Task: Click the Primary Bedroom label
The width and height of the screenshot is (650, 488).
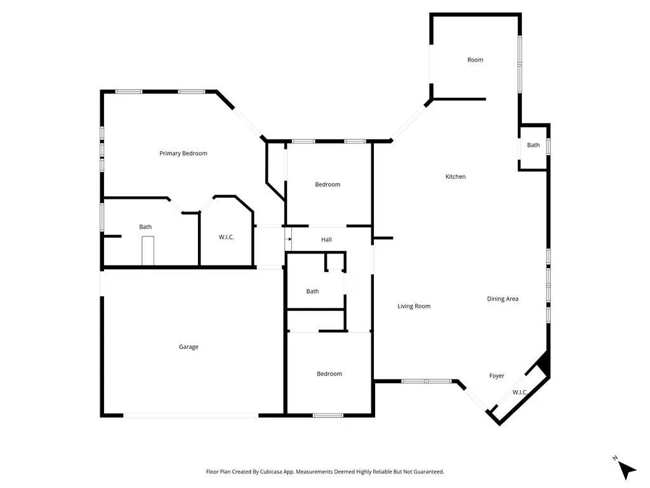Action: tap(183, 153)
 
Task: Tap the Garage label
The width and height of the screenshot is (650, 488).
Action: tap(189, 347)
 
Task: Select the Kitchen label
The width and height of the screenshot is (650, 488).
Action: tap(455, 177)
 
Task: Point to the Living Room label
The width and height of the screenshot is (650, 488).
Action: tap(414, 306)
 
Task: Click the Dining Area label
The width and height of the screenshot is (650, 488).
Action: tap(503, 299)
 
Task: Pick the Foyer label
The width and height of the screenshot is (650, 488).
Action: tap(496, 376)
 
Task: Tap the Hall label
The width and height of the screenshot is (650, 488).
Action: tap(326, 240)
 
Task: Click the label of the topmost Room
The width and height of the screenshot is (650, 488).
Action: tap(475, 60)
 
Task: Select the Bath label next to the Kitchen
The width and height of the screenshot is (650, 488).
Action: tap(533, 145)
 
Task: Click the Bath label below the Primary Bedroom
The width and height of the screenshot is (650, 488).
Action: tap(145, 227)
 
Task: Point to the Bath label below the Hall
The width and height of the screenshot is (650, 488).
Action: tap(312, 292)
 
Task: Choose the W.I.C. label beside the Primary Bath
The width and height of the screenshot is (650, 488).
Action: tap(227, 237)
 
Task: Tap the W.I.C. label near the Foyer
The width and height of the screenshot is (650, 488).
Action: tap(520, 392)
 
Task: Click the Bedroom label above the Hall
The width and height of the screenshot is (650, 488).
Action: tap(328, 184)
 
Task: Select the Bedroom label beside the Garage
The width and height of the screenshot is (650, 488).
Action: tap(329, 374)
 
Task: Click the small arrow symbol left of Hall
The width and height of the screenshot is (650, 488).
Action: tap(289, 239)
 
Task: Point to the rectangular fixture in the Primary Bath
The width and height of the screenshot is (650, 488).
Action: tap(148, 250)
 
